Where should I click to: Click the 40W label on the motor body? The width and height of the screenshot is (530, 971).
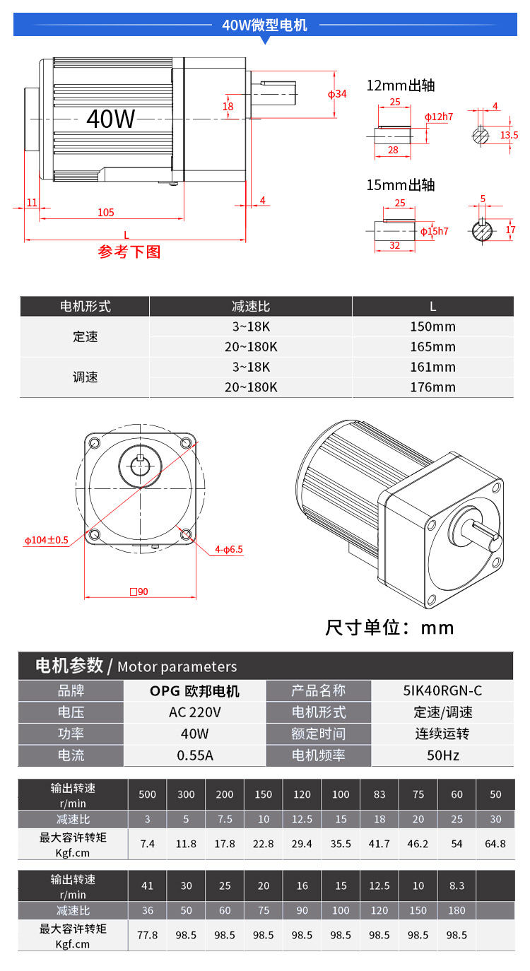(x=111, y=118)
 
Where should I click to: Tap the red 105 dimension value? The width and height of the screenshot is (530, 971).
(x=106, y=213)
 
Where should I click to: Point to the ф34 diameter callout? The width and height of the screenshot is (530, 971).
(x=337, y=94)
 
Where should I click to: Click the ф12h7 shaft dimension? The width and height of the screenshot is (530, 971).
(x=439, y=117)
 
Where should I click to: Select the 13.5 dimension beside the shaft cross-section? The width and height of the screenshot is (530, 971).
(x=510, y=135)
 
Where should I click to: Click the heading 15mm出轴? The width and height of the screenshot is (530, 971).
(x=401, y=185)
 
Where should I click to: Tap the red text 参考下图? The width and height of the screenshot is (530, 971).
(x=129, y=252)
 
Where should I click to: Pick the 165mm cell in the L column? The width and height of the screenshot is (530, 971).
(x=433, y=347)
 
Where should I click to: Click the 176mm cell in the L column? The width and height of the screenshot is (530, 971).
(x=433, y=387)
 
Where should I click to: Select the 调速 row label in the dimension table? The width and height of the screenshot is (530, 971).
(x=85, y=377)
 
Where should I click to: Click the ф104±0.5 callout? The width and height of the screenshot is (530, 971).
(x=47, y=540)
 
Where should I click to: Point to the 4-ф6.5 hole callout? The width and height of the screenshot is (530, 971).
(x=229, y=549)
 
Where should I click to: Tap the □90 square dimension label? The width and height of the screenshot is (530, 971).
(x=139, y=592)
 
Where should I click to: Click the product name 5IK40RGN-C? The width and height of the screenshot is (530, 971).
(x=442, y=690)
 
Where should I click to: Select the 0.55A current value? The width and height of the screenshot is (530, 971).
(x=195, y=755)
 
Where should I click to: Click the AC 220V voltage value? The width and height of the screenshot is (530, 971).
(x=195, y=712)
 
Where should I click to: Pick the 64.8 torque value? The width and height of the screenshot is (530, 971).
(x=495, y=844)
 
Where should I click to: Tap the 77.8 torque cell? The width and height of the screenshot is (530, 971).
(x=148, y=935)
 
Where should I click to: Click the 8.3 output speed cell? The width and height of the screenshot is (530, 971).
(x=457, y=885)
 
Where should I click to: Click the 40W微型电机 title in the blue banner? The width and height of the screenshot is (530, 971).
(x=265, y=25)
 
